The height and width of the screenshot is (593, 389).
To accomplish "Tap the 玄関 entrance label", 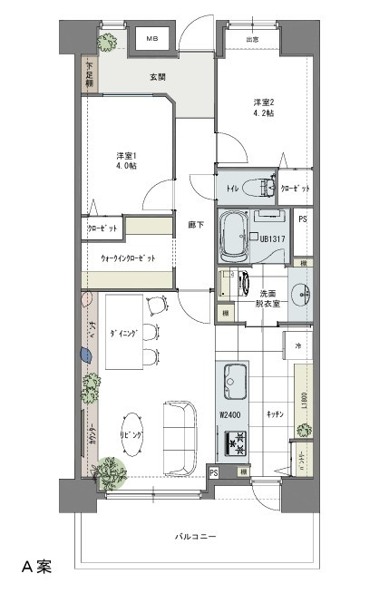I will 157,77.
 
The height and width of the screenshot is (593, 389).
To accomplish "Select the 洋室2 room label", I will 263,108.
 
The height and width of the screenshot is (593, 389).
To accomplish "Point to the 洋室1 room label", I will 126,160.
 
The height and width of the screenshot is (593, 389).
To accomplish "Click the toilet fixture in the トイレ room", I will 264,188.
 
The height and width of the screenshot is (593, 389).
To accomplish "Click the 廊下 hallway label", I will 195,224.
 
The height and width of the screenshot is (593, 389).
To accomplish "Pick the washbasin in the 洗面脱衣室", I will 301,294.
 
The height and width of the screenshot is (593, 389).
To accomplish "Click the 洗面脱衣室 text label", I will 268,298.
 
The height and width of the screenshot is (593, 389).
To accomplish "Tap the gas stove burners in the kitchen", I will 238,443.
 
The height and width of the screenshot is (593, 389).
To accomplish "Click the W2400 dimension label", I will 232,415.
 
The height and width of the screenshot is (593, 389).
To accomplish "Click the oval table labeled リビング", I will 132,436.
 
